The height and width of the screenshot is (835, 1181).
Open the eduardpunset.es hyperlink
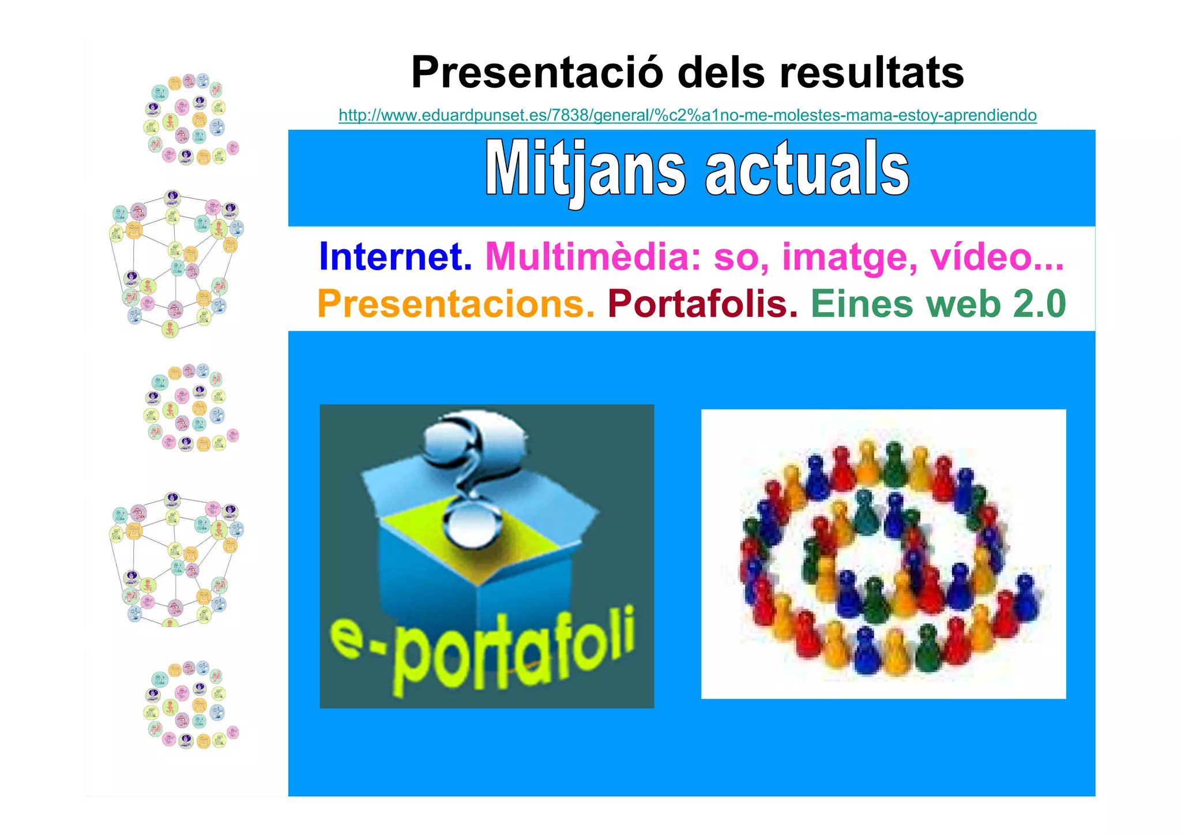point(687,115)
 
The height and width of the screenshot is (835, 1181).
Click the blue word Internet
point(395,257)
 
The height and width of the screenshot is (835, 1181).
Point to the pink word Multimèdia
point(593,257)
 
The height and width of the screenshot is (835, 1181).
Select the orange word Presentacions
point(456,304)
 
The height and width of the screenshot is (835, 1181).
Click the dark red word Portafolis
point(702,304)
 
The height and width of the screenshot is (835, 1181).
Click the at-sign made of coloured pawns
point(883,554)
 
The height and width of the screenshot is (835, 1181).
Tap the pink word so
point(740,258)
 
